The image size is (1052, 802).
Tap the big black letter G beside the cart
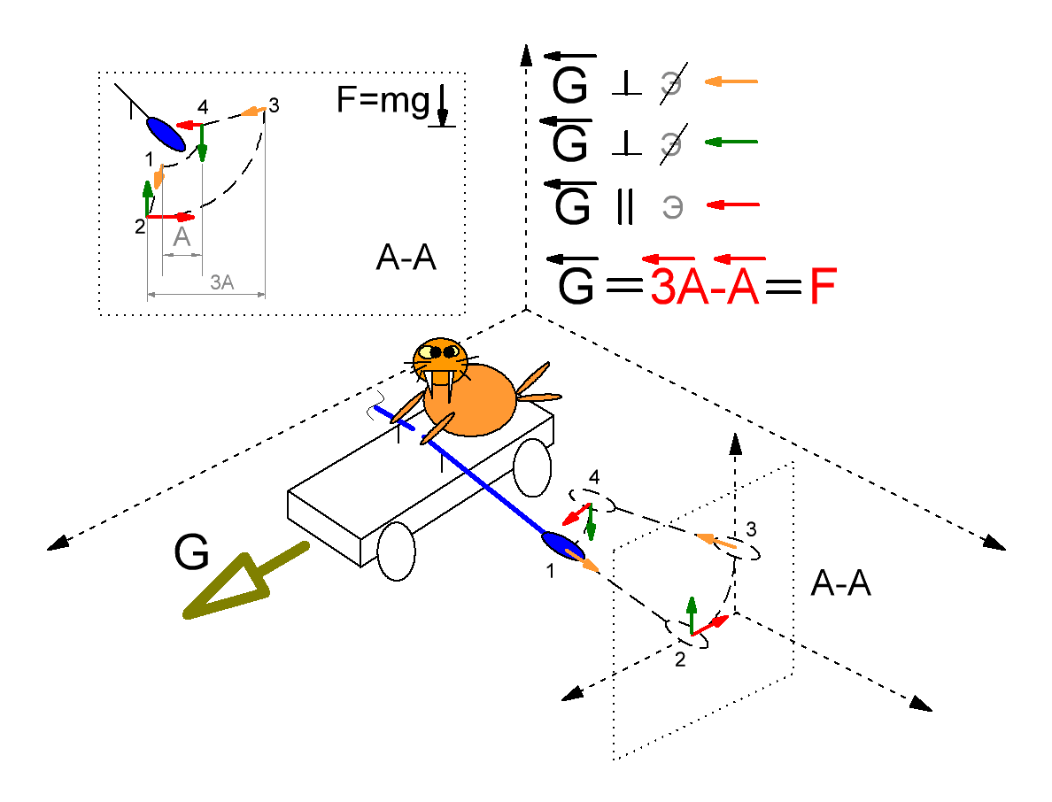coord(191,554)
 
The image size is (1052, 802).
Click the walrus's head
coord(441,359)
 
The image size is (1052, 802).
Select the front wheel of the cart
coord(396,551)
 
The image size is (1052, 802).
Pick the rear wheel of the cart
coord(532,467)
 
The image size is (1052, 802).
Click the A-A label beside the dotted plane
coord(840,584)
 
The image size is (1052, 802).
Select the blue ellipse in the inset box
coord(166,134)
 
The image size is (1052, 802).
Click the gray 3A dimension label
coord(221,283)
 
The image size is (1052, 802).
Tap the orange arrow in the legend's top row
coord(731,82)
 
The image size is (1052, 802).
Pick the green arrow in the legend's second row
coord(731,142)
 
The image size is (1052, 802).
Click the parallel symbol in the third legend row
coord(624,207)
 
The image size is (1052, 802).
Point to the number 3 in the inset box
coord(274,105)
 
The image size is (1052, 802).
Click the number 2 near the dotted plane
coord(680,659)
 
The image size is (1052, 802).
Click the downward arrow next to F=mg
coord(442,108)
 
